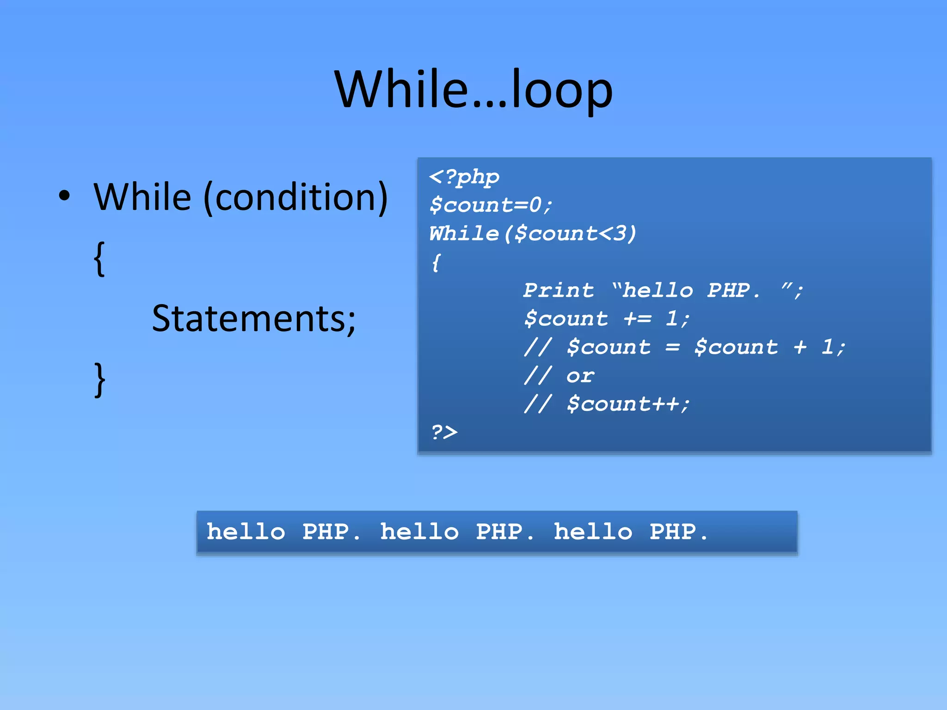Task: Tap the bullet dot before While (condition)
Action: point(65,196)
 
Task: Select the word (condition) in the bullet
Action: point(295,197)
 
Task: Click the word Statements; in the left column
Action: point(254,318)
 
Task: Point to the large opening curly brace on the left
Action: point(99,259)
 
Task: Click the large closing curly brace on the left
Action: point(99,380)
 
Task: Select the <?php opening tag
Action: point(464,177)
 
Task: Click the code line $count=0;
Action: point(491,205)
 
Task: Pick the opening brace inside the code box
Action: point(436,263)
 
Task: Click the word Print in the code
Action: point(559,290)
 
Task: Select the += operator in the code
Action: point(637,319)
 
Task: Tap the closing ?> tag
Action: point(444,432)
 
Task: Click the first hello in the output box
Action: point(246,532)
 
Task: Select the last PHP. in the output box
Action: point(679,532)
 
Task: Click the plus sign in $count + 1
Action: point(800,347)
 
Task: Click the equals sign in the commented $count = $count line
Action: point(672,347)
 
